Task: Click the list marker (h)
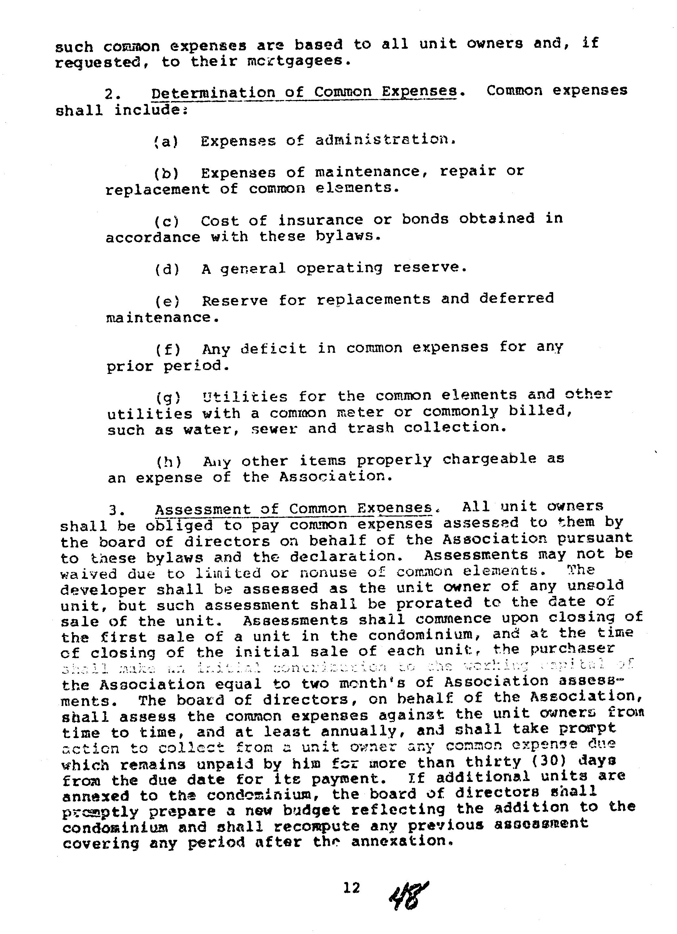[169, 462]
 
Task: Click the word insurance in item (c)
[320, 220]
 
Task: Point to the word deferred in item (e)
[516, 298]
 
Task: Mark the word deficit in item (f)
[274, 349]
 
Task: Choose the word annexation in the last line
[400, 841]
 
